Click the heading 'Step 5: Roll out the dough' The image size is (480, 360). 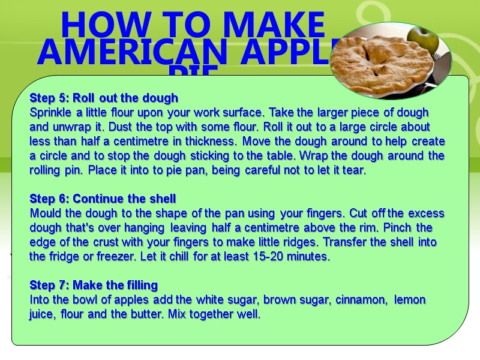point(104,98)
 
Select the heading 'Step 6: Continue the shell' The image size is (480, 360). point(103,199)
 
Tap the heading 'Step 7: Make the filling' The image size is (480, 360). point(93,285)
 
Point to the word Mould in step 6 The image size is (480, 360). point(45,213)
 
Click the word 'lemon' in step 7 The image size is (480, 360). point(411,299)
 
